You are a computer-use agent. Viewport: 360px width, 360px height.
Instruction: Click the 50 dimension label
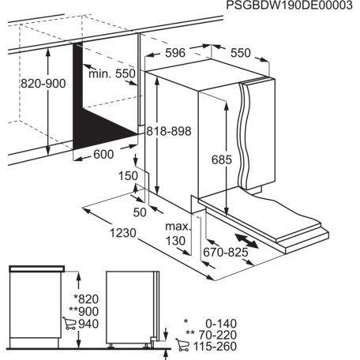[x=140, y=213]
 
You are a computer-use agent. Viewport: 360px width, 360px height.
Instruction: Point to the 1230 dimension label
[x=118, y=233]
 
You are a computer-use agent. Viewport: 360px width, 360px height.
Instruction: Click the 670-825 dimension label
[x=225, y=253]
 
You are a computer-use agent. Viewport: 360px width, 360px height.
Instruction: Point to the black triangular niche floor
[x=103, y=126]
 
